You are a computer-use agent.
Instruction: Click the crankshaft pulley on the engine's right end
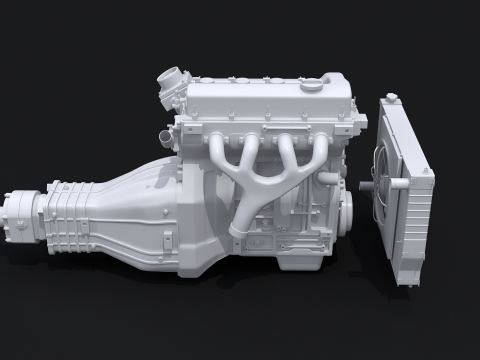(346, 205)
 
